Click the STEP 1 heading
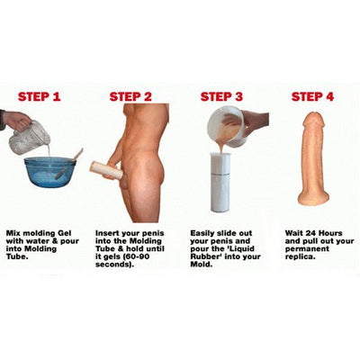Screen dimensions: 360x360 pyautogui.click(x=40, y=96)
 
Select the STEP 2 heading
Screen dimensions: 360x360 pyautogui.click(x=130, y=96)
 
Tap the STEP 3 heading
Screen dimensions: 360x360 pyautogui.click(x=222, y=96)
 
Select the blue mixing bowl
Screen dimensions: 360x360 pyautogui.click(x=50, y=172)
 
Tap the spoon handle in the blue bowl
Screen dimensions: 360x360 pyautogui.click(x=76, y=155)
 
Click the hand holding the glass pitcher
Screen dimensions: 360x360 pyautogui.click(x=14, y=120)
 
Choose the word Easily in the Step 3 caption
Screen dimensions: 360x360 pyautogui.click(x=205, y=233)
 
